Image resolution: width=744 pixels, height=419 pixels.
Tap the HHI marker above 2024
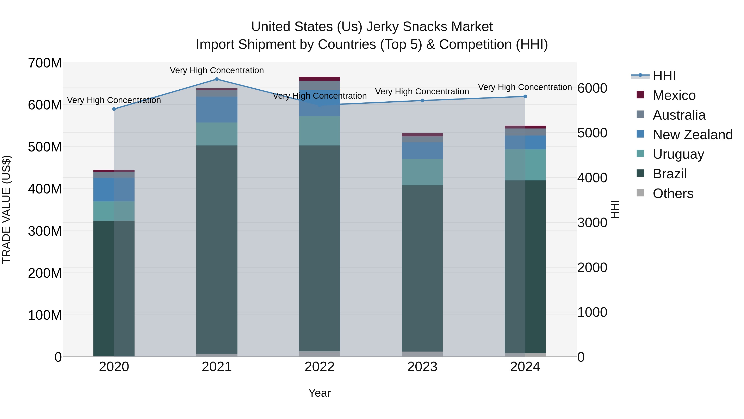click(525, 97)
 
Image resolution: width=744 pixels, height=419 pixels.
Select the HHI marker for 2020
click(114, 109)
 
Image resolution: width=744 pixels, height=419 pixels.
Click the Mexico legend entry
click(674, 95)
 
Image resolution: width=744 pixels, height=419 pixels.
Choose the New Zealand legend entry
click(692, 135)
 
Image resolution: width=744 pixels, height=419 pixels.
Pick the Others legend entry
click(673, 193)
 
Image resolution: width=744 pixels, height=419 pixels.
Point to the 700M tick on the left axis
click(45, 63)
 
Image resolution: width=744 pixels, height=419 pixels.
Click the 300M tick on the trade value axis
click(45, 231)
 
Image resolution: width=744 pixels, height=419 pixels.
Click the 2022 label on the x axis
click(320, 367)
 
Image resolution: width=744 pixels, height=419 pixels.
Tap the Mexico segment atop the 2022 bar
click(320, 79)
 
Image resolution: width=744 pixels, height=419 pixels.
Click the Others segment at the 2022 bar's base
click(320, 354)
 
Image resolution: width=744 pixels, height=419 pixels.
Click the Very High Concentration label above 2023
click(422, 92)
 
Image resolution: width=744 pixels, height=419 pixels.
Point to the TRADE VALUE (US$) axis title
click(6, 209)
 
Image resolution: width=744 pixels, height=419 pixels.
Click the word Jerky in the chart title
click(382, 27)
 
